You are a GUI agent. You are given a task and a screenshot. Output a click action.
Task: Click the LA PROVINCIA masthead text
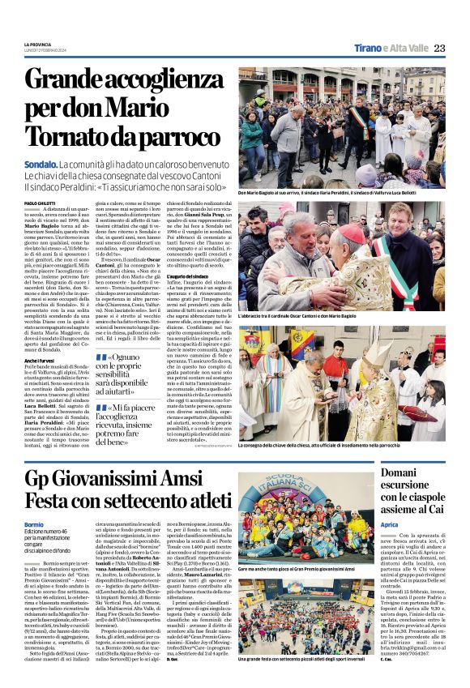click(x=37, y=44)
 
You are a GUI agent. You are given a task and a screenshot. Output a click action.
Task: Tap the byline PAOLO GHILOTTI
click(x=40, y=202)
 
